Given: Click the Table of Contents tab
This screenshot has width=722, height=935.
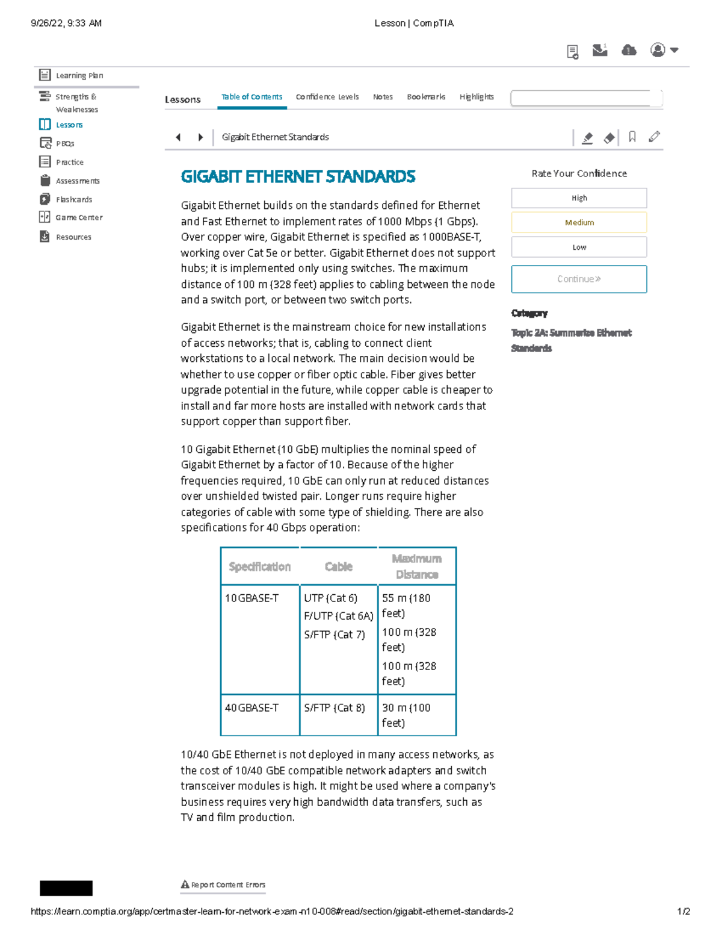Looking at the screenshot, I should point(251,97).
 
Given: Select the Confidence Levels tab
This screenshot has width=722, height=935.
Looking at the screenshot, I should point(327,97).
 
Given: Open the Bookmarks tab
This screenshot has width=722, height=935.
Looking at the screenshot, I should point(426,97).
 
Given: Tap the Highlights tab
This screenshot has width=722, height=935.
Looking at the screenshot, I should point(477,97).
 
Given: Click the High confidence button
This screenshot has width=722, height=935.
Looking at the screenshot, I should point(579,198).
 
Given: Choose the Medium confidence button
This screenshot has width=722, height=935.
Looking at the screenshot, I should point(579,223).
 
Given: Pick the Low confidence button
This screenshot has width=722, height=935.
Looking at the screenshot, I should point(579,247).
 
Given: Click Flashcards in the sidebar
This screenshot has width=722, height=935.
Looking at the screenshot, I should point(73,199).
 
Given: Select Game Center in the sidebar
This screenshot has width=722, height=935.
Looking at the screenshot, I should point(79,217).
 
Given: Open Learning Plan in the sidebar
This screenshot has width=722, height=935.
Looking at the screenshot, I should point(79,75).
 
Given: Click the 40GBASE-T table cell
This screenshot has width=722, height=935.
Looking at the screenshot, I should point(251,708).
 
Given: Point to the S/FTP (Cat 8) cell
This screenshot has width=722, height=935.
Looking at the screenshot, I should point(335,708).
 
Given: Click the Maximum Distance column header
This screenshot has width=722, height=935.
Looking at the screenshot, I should point(416,567).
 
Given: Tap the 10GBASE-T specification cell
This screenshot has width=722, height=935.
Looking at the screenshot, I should point(251,598).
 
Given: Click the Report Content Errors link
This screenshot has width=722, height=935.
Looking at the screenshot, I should point(227,885).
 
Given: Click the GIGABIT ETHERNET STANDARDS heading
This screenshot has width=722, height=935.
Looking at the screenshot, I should point(298,177).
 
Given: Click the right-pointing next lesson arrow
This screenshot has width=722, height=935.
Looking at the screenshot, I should point(200,137).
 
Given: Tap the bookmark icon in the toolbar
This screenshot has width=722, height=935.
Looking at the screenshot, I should point(632,137).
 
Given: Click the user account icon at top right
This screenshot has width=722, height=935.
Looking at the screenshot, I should point(658,50).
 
